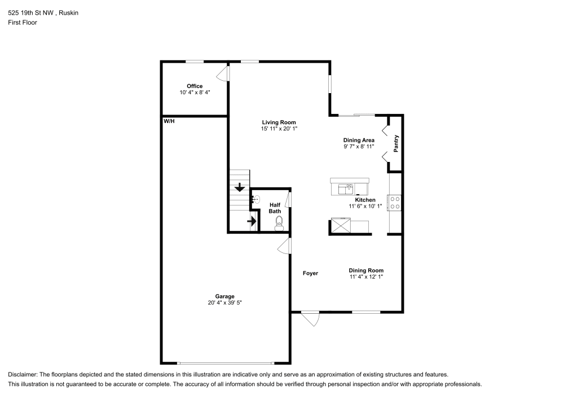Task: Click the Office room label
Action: click(x=195, y=86)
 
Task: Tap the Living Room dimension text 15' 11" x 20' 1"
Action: click(x=279, y=129)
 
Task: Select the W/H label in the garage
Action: click(x=169, y=121)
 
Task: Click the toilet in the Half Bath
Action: click(x=279, y=225)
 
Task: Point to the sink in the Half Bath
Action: click(x=256, y=199)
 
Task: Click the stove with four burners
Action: click(x=395, y=202)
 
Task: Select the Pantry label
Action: click(x=396, y=143)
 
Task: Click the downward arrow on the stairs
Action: click(x=240, y=187)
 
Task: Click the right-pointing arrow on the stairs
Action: click(x=251, y=222)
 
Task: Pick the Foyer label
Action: click(x=310, y=273)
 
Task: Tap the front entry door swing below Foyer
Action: click(x=310, y=319)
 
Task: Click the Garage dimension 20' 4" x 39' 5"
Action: click(x=224, y=303)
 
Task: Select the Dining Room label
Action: click(x=366, y=270)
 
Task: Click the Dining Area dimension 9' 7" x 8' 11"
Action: click(x=359, y=147)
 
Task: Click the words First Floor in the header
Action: click(x=23, y=23)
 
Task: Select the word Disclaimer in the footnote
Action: click(x=22, y=375)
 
